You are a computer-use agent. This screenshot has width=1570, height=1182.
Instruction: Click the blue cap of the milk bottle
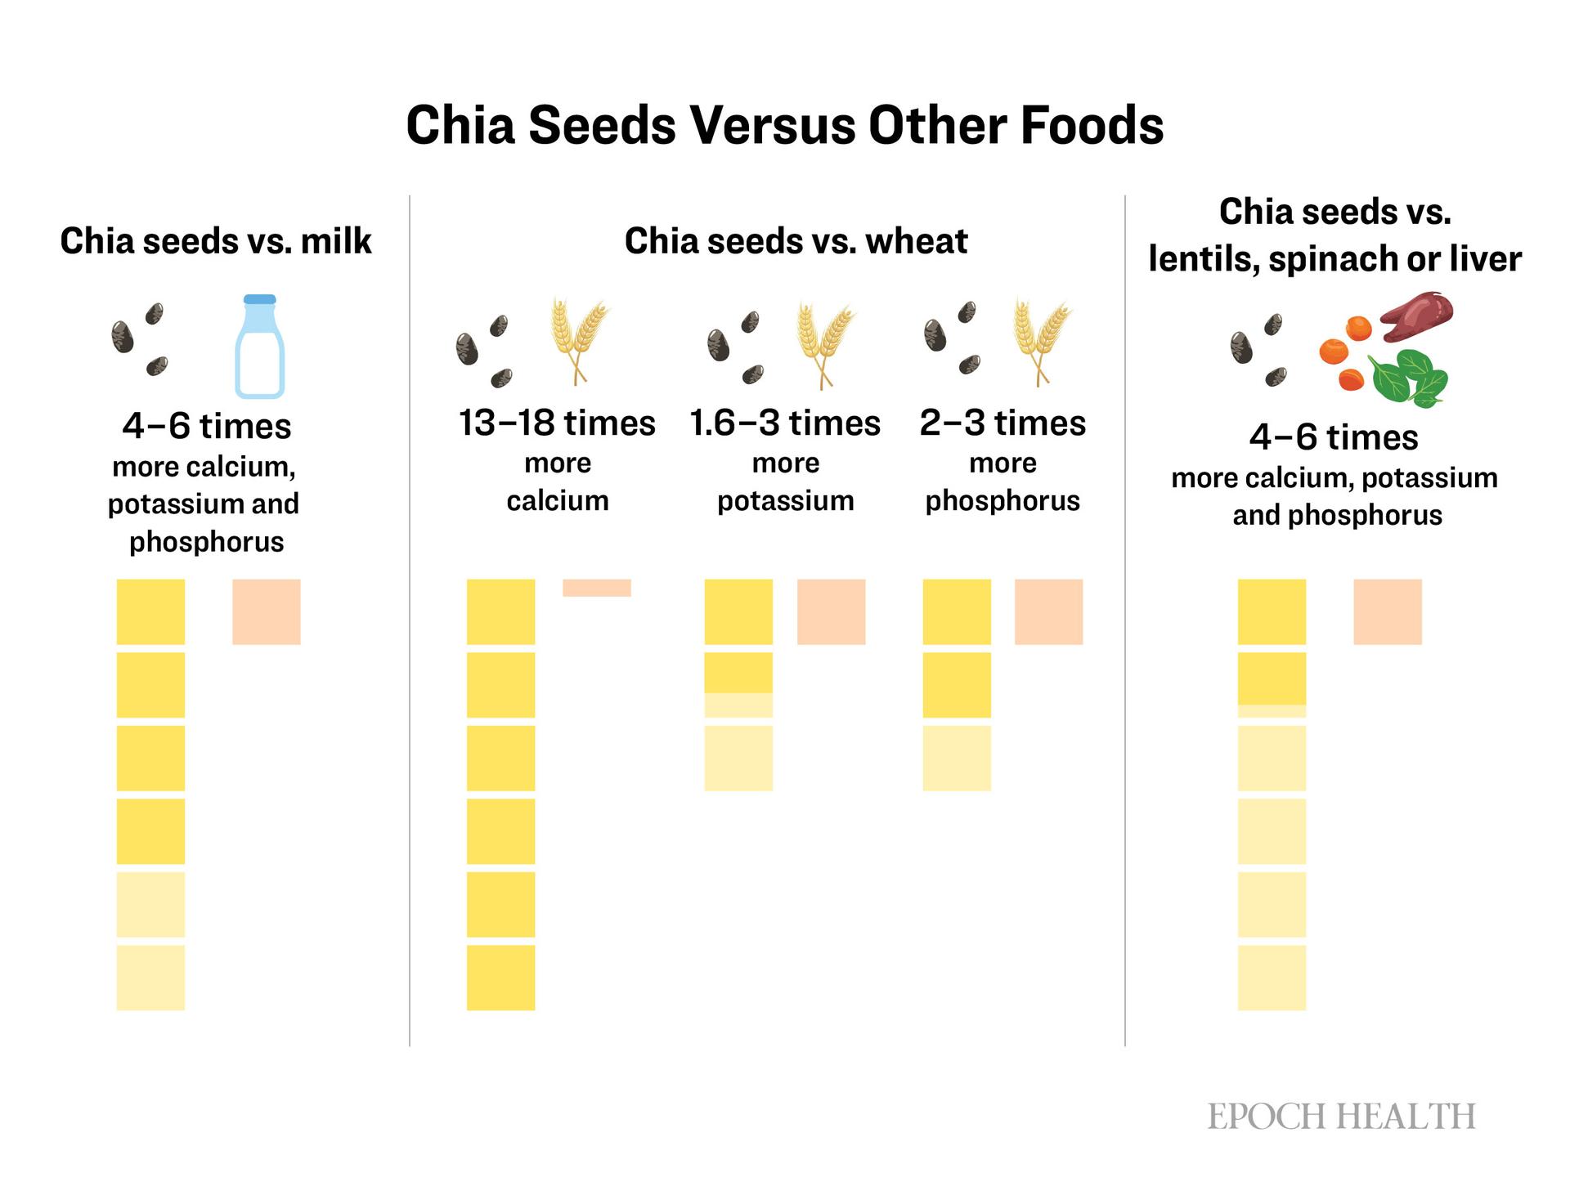click(260, 299)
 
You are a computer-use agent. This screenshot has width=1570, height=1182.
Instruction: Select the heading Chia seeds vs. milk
click(216, 241)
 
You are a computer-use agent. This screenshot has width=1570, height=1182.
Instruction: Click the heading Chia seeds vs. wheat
click(796, 241)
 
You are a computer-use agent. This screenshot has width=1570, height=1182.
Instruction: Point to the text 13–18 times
click(557, 423)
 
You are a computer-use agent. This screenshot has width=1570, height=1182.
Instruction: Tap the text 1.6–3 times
click(785, 423)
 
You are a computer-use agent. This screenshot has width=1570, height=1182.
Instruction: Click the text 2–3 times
click(1003, 423)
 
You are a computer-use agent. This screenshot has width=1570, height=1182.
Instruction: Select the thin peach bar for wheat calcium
click(596, 588)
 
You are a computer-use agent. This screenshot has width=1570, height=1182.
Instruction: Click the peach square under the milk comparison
click(266, 611)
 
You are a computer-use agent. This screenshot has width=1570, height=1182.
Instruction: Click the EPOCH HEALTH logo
click(1341, 1117)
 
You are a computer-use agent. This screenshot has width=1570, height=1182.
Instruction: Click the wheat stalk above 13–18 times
click(579, 340)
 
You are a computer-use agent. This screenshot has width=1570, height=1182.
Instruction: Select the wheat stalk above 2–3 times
click(1040, 340)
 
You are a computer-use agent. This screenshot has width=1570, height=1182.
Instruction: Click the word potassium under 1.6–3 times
click(785, 500)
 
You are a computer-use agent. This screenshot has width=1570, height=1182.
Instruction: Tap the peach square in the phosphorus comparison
click(1048, 611)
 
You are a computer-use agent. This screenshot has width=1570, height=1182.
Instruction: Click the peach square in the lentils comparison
click(1387, 611)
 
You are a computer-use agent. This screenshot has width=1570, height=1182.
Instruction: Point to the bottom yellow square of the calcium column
click(500, 978)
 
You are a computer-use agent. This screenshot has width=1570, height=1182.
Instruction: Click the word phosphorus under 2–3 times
click(1003, 500)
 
